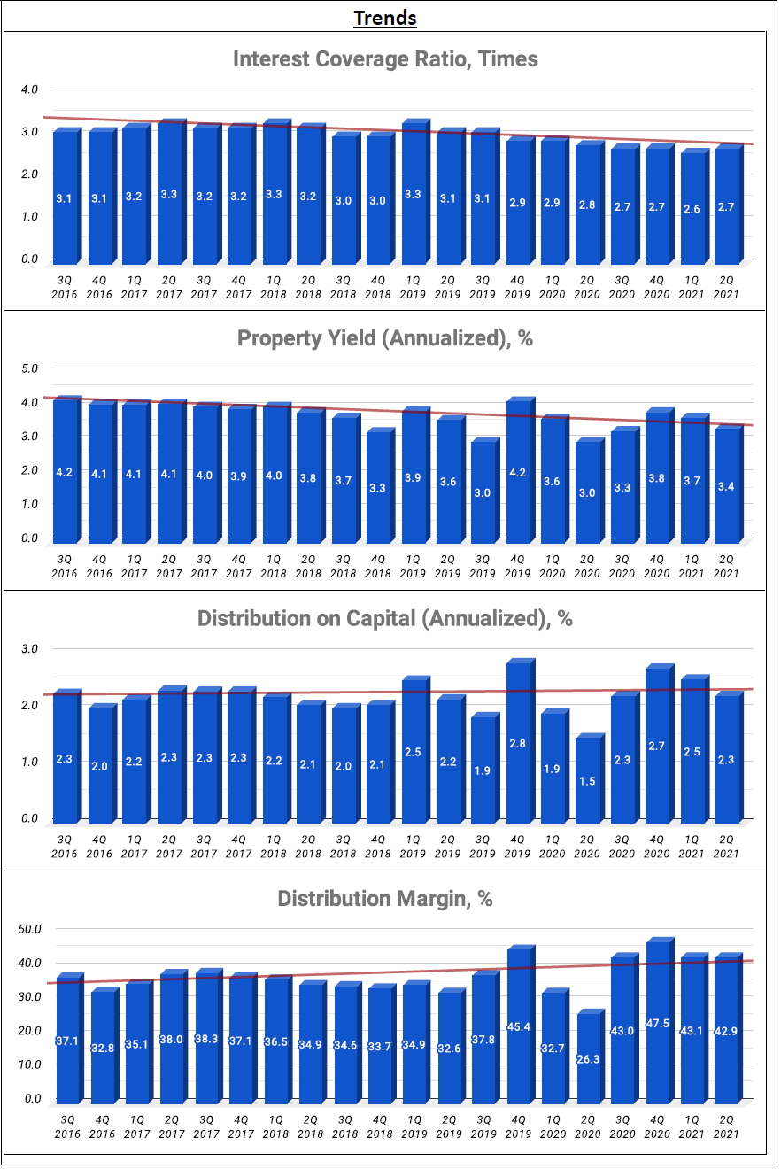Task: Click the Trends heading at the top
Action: pyautogui.click(x=385, y=18)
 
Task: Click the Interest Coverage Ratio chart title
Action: pyautogui.click(x=385, y=59)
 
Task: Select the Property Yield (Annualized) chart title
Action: pyautogui.click(x=385, y=338)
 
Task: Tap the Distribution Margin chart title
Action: pyautogui.click(x=385, y=899)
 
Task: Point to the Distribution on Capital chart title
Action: pyautogui.click(x=385, y=618)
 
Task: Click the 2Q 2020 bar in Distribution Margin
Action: pyautogui.click(x=588, y=1058)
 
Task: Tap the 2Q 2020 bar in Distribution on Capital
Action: pyautogui.click(x=588, y=779)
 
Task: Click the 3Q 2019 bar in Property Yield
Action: pyautogui.click(x=483, y=491)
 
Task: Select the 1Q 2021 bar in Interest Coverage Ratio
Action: pyautogui.click(x=692, y=209)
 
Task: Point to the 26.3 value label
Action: pyautogui.click(x=588, y=1057)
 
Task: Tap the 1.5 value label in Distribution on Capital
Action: pyautogui.click(x=588, y=780)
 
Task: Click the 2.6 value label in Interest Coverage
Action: pyautogui.click(x=692, y=209)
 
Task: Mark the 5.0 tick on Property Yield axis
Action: pyautogui.click(x=30, y=368)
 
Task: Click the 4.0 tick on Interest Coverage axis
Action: pyautogui.click(x=30, y=89)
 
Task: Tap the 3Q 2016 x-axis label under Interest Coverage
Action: pyautogui.click(x=65, y=289)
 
